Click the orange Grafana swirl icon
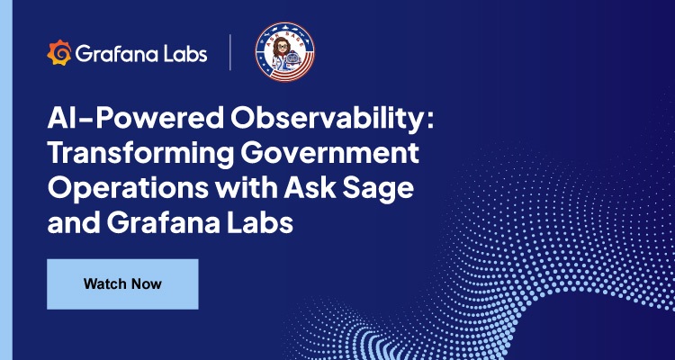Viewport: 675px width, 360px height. point(58,54)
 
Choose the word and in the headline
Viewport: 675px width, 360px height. point(73,223)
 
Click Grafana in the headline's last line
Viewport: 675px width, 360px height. point(166,223)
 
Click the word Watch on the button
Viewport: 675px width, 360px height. point(105,284)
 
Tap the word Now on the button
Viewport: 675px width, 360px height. point(147,284)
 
